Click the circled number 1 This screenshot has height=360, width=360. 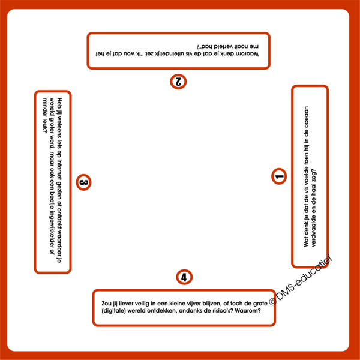pos(279,176)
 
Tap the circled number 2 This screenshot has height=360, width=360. pos(178,82)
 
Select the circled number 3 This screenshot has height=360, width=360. pos(83,182)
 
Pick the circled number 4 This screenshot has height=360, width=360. pos(184,277)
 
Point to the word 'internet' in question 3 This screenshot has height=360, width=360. pos(59,169)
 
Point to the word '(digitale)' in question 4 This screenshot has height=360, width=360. pos(113,311)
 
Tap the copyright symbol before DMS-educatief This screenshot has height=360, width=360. pos(273,301)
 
